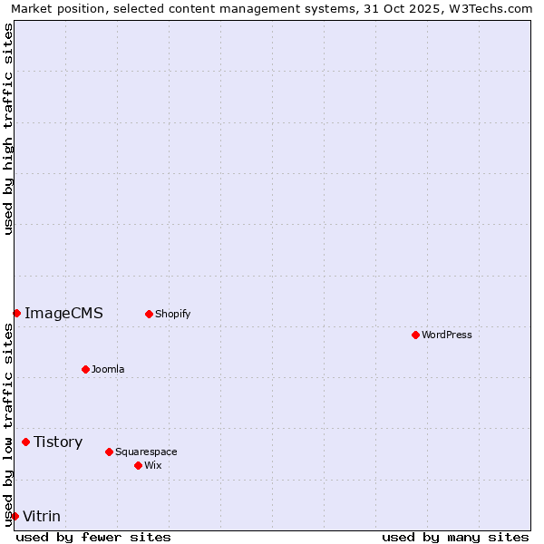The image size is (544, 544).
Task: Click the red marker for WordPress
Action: tap(415, 335)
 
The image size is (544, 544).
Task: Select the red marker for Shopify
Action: tap(149, 314)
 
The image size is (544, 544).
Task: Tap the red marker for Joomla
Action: tap(85, 369)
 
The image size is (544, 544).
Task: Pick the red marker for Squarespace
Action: tap(109, 452)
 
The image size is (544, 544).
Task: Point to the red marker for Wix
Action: tap(138, 465)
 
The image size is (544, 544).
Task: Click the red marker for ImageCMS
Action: tap(16, 313)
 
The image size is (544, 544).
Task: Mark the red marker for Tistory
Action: tap(25, 442)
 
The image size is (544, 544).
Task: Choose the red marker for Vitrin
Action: tap(14, 516)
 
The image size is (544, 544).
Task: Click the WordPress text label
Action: tap(447, 335)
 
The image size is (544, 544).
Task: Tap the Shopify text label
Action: tap(172, 314)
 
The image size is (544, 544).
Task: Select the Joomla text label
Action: tap(108, 369)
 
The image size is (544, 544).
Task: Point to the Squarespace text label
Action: tap(146, 452)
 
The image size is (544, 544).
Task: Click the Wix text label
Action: tap(153, 465)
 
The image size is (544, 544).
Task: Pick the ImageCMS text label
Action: tap(63, 314)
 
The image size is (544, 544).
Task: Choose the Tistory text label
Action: tap(58, 442)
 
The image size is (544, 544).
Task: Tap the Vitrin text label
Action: tap(42, 517)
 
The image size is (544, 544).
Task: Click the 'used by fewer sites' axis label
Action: tap(93, 537)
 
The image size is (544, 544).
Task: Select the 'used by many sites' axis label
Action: tap(455, 537)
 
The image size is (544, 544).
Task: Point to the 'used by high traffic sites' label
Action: tap(8, 129)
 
